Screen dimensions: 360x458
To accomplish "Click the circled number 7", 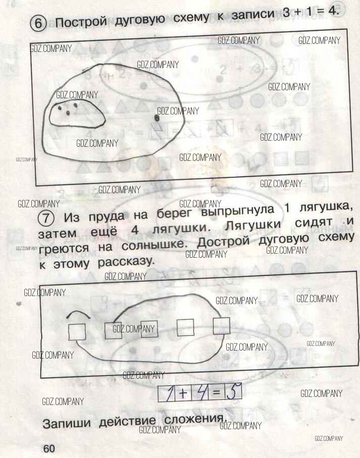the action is (x=46, y=218).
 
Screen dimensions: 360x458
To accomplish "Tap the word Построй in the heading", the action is (x=81, y=21).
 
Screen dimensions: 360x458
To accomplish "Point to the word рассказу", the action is (x=126, y=262).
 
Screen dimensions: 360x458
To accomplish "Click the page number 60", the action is (x=49, y=448).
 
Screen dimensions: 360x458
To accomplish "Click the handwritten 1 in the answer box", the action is (x=168, y=394).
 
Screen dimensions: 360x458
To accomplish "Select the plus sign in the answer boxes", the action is (x=182, y=393).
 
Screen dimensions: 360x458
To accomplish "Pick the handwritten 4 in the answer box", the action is (x=200, y=393).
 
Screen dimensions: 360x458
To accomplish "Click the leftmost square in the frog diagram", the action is (x=77, y=332).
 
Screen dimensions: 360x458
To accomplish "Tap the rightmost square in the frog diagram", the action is (x=221, y=326).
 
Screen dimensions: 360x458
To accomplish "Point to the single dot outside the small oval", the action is (x=157, y=118).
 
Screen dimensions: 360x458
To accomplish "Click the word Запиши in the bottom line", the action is (x=66, y=423).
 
